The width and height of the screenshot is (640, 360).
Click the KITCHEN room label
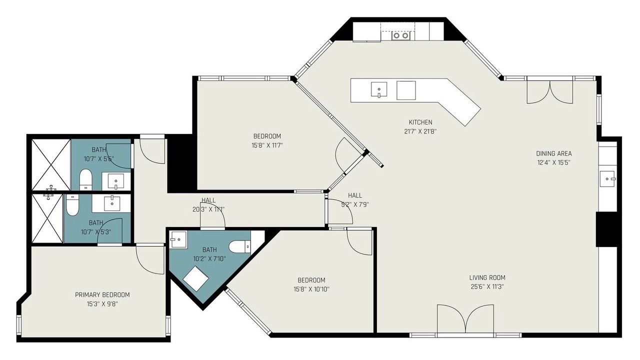[420, 122]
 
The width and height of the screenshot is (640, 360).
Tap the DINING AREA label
[554, 153]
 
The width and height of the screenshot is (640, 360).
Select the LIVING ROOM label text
[487, 277]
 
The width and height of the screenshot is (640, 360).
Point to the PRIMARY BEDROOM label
[102, 294]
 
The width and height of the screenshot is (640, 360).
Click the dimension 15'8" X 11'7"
[267, 145]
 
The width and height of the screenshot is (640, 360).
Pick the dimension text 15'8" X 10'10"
[311, 289]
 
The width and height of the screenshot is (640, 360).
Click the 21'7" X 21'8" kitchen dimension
[420, 131]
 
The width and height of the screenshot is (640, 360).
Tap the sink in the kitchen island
[379, 89]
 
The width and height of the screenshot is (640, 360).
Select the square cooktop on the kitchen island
[406, 90]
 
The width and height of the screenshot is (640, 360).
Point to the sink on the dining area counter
[607, 178]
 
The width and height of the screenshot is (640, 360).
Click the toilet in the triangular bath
[240, 246]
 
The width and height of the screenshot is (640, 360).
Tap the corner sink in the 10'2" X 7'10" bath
[178, 239]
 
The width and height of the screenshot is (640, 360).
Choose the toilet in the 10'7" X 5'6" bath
[85, 179]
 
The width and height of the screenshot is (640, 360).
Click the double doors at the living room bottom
[465, 318]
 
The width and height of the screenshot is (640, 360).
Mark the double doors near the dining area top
[550, 92]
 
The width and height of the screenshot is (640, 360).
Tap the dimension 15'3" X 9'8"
[102, 304]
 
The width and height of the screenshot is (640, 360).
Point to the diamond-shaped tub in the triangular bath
[196, 278]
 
